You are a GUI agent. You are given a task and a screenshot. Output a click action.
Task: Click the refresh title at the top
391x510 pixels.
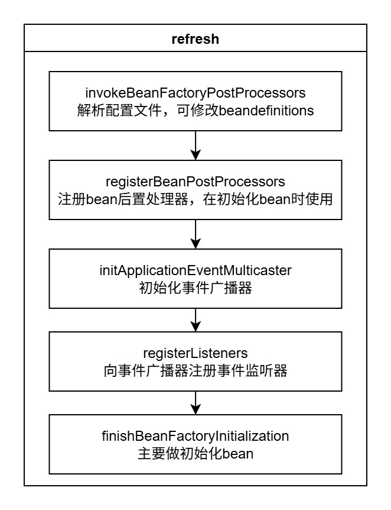(x=195, y=39)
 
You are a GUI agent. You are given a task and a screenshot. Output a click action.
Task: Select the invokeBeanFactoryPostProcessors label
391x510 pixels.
(x=195, y=93)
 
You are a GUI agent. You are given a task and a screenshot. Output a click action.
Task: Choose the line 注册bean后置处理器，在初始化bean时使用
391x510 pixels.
(x=195, y=199)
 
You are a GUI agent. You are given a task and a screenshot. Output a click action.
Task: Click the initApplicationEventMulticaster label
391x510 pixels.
(x=195, y=270)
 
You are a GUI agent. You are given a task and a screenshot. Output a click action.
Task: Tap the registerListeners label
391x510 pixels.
(x=195, y=354)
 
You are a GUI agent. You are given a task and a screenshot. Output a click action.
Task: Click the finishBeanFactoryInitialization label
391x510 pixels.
(x=195, y=437)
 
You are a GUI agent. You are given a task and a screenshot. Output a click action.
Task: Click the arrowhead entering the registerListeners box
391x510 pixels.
(x=195, y=327)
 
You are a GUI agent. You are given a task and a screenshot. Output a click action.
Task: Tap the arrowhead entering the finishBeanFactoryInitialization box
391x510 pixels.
(x=195, y=410)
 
